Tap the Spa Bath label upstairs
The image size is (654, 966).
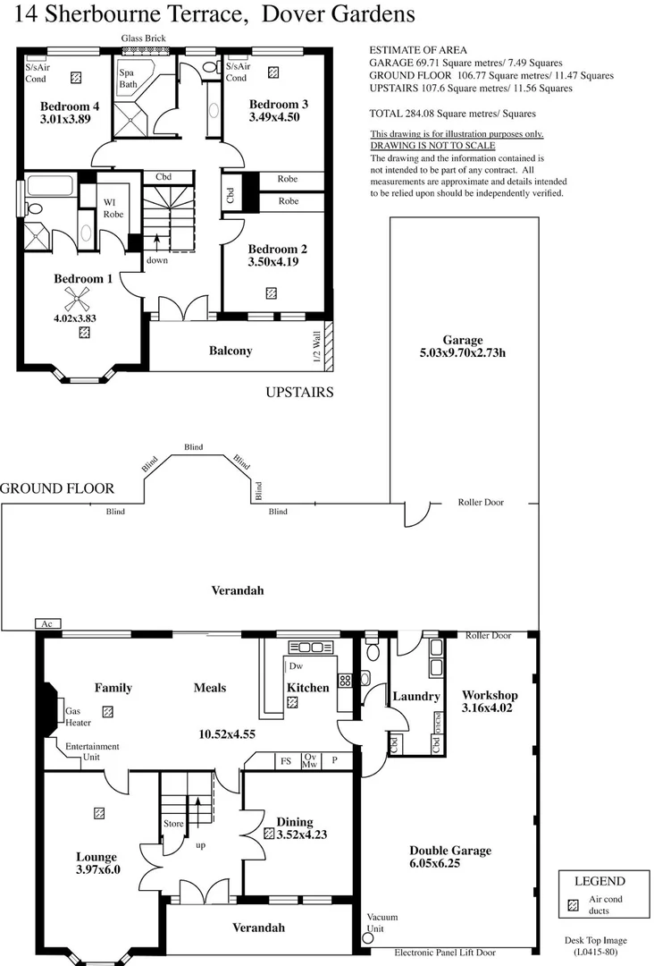coord(128,78)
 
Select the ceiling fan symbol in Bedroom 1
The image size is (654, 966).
coord(83,301)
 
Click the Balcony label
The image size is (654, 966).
coord(231,351)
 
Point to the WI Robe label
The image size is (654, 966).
coord(113,208)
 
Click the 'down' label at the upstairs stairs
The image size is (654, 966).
coord(157,260)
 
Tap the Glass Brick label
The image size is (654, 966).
coord(143,38)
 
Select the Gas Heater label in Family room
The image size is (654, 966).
coord(77,717)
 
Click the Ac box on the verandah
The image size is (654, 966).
coord(47,623)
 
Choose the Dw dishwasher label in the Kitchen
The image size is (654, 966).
coord(297,666)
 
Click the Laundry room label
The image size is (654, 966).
coord(416,696)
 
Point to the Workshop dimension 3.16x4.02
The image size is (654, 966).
coord(489,708)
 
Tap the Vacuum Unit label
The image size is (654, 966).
coord(381,923)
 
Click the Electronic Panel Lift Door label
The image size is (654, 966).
coord(457,953)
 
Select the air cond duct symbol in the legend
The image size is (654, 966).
coord(573,905)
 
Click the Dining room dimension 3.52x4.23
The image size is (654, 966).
coord(301,834)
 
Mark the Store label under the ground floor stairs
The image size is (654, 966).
coord(172,823)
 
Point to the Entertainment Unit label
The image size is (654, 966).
coord(92,751)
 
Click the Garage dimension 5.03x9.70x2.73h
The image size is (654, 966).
coord(463,352)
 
